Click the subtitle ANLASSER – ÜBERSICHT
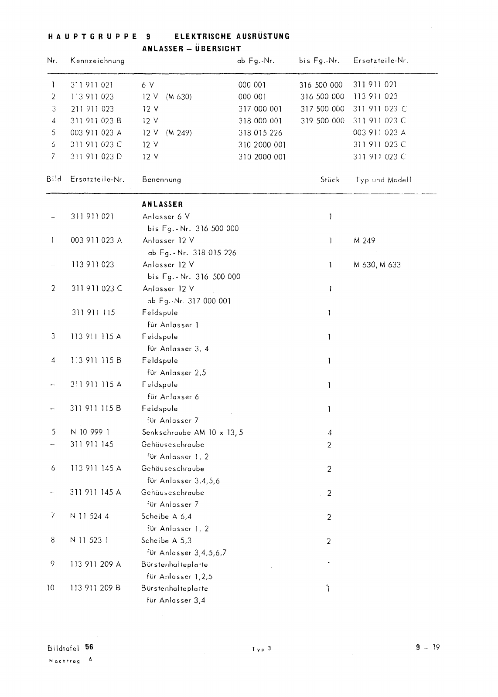pyautogui.click(x=191, y=49)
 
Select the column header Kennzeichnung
pyautogui.click(x=97, y=61)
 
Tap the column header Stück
pyautogui.click(x=330, y=179)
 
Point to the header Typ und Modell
pyautogui.click(x=383, y=179)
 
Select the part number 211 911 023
pyautogui.click(x=92, y=109)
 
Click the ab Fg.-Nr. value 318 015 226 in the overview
pyautogui.click(x=260, y=133)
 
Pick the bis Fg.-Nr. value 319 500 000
pyautogui.click(x=322, y=121)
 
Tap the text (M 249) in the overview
pyautogui.click(x=179, y=133)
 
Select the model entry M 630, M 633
pyautogui.click(x=377, y=264)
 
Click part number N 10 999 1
pyautogui.click(x=90, y=432)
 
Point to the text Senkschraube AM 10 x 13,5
pyautogui.click(x=192, y=433)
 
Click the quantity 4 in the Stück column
pyautogui.click(x=330, y=433)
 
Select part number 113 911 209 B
pyautogui.click(x=96, y=588)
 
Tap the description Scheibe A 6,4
pyautogui.click(x=166, y=517)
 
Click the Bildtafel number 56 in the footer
pyautogui.click(x=89, y=647)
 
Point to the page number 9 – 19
pyautogui.click(x=428, y=647)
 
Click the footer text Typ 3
pyautogui.click(x=261, y=649)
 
